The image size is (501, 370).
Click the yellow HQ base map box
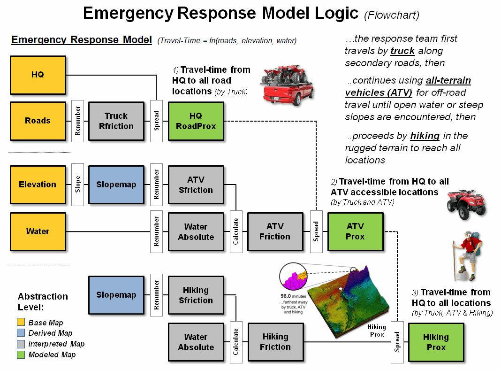point(38,75)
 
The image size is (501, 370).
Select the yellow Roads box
point(38,121)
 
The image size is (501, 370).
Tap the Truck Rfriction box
point(116,121)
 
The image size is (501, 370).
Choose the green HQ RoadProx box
point(196,121)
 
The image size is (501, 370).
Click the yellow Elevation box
point(38,185)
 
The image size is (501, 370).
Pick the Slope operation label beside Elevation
point(78,185)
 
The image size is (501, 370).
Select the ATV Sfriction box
point(196,185)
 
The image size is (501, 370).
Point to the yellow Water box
point(38,231)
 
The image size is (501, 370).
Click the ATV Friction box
point(275,231)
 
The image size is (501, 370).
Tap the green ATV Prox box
point(355,231)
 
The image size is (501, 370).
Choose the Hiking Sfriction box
point(196,295)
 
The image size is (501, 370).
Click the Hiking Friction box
point(275,342)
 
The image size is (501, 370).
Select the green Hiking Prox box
point(436,342)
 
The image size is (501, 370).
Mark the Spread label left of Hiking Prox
point(397,342)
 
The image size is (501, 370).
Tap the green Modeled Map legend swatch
point(21,355)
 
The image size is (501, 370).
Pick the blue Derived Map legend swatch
point(21,333)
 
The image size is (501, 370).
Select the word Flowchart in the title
point(392,15)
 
